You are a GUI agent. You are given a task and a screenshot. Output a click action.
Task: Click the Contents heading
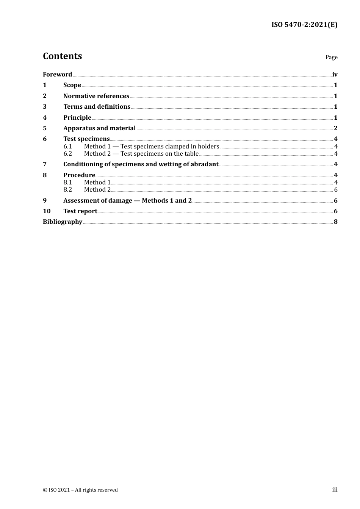[x=62, y=56]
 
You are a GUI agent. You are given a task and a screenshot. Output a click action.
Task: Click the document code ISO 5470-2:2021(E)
[x=304, y=25]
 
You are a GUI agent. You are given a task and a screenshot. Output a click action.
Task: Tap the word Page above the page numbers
[x=331, y=57]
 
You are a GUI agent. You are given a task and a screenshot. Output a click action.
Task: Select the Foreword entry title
[x=57, y=74]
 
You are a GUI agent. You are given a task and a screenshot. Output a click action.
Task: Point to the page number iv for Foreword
[x=335, y=75]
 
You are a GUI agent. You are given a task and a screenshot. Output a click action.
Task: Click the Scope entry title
[x=72, y=85]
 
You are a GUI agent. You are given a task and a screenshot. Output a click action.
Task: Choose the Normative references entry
[x=96, y=96]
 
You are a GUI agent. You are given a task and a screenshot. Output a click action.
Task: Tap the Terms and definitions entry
[x=97, y=107]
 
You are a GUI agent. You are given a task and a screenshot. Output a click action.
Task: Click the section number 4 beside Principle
[x=45, y=118]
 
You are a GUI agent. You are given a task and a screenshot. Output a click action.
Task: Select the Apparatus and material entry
[x=99, y=128]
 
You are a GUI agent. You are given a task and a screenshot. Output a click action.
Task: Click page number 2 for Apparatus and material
[x=335, y=128]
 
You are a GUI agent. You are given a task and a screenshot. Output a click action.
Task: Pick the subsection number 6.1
[x=67, y=147]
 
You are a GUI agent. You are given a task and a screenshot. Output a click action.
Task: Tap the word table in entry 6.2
[x=191, y=154]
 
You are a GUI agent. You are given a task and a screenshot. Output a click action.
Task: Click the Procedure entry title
[x=79, y=175]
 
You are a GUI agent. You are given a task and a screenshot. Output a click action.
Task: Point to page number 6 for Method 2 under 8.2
[x=336, y=190]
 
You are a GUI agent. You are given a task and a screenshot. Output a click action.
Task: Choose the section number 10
[x=47, y=211]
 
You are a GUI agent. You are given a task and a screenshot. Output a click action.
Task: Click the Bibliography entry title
[x=63, y=222]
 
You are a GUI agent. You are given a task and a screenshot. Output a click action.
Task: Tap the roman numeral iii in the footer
[x=335, y=490]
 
